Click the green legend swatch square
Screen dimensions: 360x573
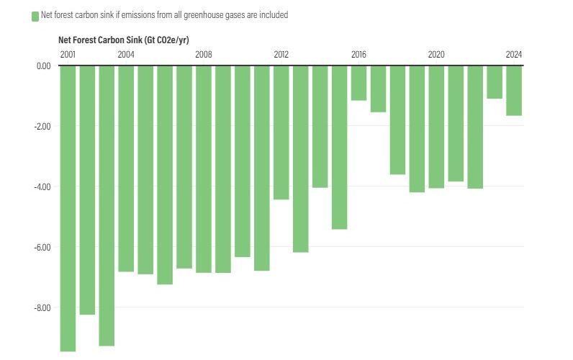pyautogui.click(x=35, y=16)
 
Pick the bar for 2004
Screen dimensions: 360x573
pyautogui.click(x=126, y=168)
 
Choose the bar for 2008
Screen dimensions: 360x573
pyautogui.click(x=204, y=168)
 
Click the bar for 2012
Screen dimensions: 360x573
pyautogui.click(x=281, y=132)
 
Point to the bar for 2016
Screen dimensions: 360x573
pyautogui.click(x=358, y=83)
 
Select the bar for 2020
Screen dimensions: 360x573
pyautogui.click(x=436, y=127)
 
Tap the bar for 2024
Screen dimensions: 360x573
pyautogui.click(x=514, y=90)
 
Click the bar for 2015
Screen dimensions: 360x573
pyautogui.click(x=339, y=147)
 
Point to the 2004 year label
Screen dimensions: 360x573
pyautogui.click(x=126, y=55)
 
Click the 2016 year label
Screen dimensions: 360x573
pyautogui.click(x=358, y=55)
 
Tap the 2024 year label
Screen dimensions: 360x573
pyautogui.click(x=514, y=55)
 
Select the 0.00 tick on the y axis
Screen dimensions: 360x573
pyautogui.click(x=43, y=66)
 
